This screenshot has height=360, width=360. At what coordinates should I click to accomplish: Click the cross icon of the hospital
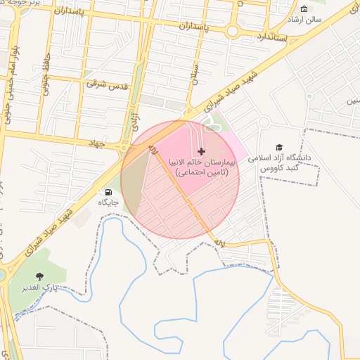(202, 151)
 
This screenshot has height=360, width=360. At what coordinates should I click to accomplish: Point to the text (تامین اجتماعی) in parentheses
(202, 172)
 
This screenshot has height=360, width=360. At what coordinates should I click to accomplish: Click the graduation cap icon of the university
(280, 147)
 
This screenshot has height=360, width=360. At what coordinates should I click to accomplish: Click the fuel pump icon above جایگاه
(108, 192)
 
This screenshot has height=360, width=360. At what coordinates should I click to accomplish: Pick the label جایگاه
(108, 202)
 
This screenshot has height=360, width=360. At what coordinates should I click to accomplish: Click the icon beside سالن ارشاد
(304, 9)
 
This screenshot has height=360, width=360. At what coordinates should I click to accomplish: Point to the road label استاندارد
(271, 36)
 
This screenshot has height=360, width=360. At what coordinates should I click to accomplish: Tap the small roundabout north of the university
(264, 122)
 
